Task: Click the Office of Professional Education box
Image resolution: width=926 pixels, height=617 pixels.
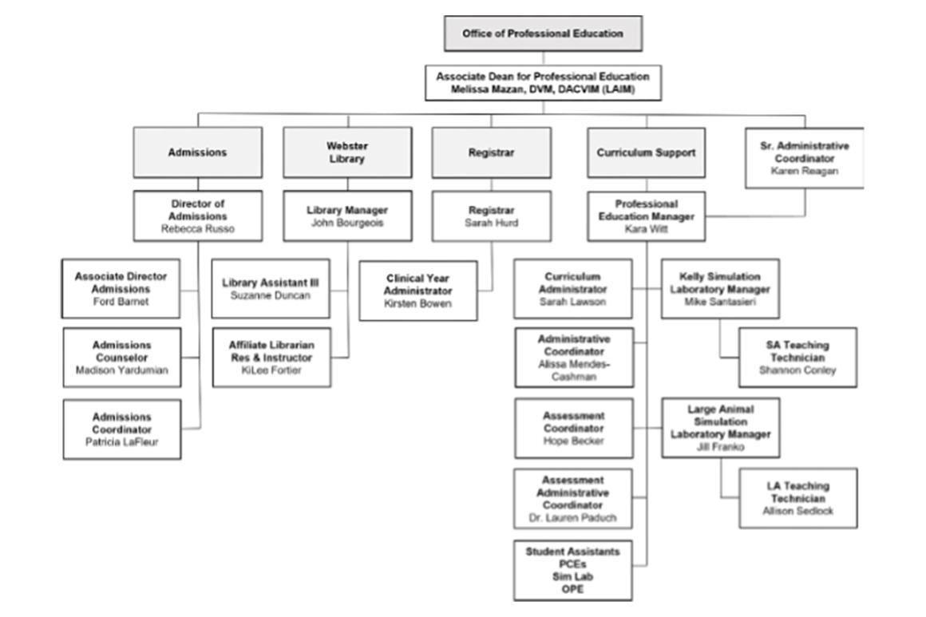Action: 543,34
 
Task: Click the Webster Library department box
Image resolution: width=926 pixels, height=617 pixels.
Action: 347,152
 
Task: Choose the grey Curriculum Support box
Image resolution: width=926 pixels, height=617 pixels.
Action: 646,152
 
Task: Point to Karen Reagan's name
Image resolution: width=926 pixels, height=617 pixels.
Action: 804,171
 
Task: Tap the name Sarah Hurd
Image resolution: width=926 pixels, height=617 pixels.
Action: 491,223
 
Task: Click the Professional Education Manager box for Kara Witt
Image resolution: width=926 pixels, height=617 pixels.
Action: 646,216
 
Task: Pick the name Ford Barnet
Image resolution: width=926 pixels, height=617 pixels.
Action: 121,302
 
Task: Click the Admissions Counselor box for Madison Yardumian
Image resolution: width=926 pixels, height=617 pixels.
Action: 121,358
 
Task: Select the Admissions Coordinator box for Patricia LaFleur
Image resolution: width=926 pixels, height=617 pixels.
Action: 121,429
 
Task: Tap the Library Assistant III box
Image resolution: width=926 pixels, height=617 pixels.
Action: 271,289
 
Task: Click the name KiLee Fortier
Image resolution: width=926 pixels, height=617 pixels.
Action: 271,370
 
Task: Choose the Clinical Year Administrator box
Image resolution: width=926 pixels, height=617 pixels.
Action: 418,291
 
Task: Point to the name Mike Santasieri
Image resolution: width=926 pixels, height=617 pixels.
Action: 719,302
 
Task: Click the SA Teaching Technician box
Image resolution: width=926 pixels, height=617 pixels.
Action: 797,358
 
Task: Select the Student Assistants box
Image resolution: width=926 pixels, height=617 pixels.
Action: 572,571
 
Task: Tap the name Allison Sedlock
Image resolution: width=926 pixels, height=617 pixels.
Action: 797,511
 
